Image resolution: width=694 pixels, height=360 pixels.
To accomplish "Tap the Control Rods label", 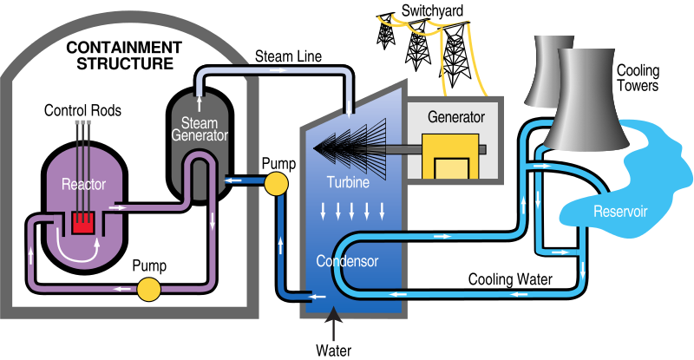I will pos(83,111).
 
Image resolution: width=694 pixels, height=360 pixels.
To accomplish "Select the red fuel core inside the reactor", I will pos(83,223).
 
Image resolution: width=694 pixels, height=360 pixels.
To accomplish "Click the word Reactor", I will pos(82,184).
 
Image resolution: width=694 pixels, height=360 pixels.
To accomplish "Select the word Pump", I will pos(150,266).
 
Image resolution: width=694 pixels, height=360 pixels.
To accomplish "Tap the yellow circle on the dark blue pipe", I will pos(275,184).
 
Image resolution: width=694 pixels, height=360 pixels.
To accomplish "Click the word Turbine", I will pos(349,183).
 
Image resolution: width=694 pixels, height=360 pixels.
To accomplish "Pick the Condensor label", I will pos(348,260).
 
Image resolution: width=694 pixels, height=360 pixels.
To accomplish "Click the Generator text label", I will pos(456,116).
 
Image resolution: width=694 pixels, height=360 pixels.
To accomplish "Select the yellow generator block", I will pos(451,157).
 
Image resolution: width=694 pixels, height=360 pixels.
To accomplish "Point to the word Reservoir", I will pos(619,211).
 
